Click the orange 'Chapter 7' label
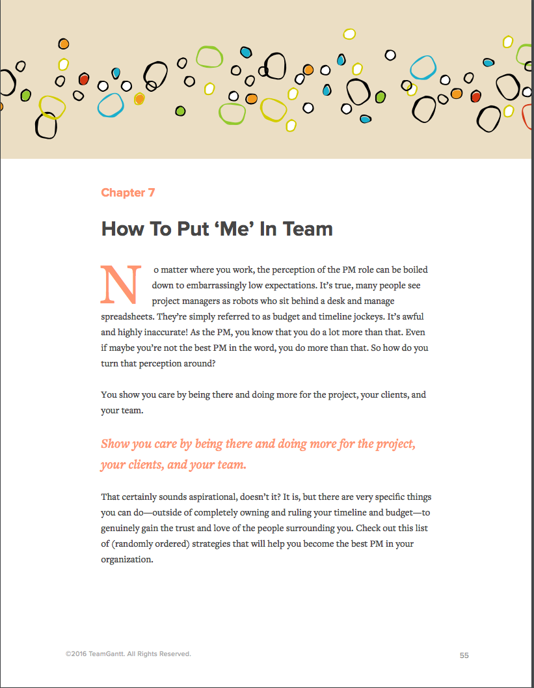coord(127,193)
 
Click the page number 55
coord(464,655)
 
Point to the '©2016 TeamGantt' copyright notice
coord(128,654)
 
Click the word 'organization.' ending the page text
coord(127,559)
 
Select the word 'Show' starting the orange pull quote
coord(115,445)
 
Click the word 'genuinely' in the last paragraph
coord(121,528)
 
